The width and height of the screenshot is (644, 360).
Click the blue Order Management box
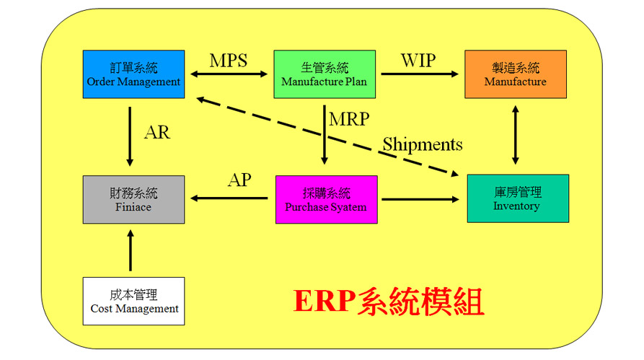(133, 74)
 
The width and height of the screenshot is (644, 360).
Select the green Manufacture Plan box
(325, 74)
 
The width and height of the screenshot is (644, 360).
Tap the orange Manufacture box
(516, 74)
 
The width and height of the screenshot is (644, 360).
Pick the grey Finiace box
(133, 200)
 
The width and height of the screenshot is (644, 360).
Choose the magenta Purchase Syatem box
(327, 200)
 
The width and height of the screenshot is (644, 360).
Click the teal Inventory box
(518, 198)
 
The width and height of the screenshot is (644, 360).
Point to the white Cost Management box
(133, 302)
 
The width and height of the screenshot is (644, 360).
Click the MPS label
(229, 61)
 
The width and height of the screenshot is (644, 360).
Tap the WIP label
(418, 61)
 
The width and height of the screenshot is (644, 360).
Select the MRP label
(349, 119)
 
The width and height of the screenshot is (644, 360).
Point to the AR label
(157, 132)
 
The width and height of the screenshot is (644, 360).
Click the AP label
(239, 180)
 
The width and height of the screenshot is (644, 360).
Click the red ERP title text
(389, 302)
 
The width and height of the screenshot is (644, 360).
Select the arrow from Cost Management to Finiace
(131, 250)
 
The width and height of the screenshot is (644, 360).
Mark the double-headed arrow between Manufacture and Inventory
(516, 135)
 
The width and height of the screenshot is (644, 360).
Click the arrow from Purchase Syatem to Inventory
(420, 199)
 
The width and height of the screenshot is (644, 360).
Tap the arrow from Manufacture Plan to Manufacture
(419, 74)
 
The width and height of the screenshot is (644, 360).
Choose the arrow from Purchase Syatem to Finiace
(229, 198)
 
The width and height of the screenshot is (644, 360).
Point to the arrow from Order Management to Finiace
(130, 136)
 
